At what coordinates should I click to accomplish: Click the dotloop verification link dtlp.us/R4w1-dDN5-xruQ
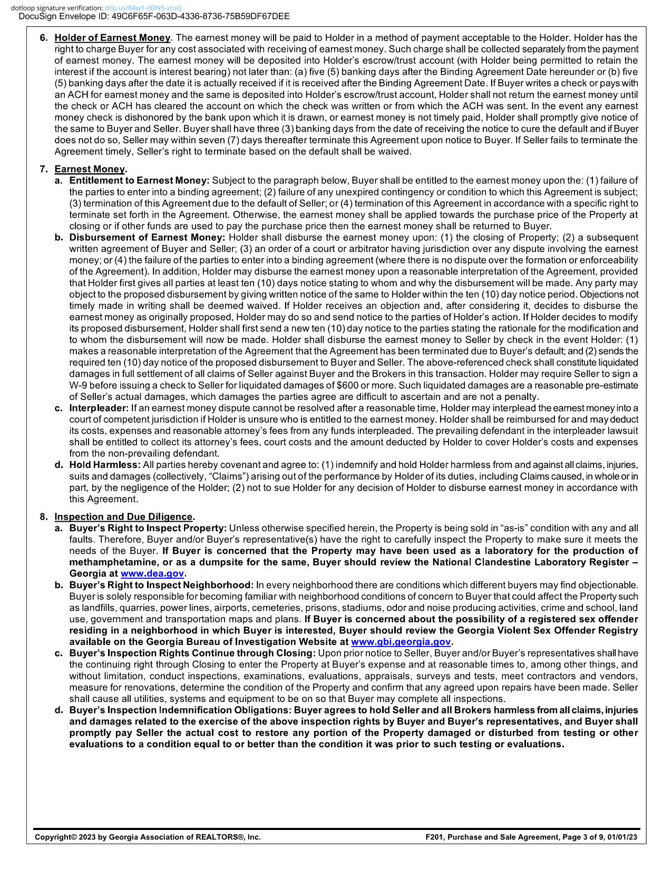[143, 8]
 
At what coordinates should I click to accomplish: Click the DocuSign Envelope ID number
[201, 16]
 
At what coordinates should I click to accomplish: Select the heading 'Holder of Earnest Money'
[112, 38]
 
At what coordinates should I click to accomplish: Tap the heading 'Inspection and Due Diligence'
[124, 517]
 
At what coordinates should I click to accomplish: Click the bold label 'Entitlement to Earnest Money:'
[139, 181]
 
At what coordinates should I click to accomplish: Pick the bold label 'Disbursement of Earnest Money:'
[147, 238]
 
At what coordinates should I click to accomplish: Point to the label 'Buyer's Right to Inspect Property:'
[148, 528]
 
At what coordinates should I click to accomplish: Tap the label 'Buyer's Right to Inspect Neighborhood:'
[161, 585]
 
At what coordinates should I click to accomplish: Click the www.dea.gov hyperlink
[152, 573]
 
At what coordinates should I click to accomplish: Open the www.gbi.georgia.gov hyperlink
[401, 642]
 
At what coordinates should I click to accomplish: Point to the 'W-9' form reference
[78, 385]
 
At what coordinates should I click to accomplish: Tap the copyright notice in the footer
[148, 837]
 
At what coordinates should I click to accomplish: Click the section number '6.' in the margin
[44, 38]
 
